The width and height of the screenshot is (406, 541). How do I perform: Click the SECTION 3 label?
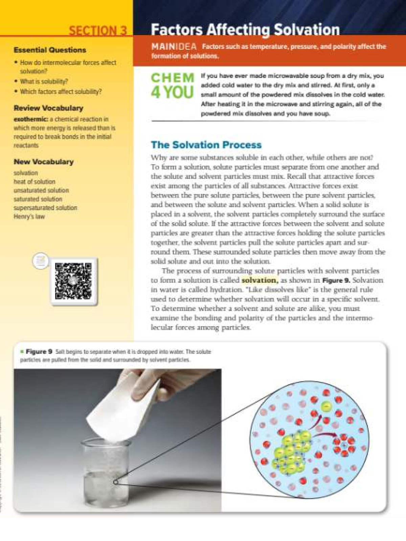coord(98,30)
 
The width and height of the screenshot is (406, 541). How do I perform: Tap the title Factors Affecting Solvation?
coord(245,30)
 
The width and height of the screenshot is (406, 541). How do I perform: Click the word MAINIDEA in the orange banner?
coord(174,47)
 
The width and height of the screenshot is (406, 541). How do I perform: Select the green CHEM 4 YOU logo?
coord(173,86)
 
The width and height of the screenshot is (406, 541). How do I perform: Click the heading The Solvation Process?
coord(206,145)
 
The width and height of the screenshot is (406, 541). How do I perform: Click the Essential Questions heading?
coord(50,50)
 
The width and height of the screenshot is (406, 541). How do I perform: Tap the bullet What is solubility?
coord(44,81)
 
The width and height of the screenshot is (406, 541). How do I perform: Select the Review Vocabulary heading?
coord(48,108)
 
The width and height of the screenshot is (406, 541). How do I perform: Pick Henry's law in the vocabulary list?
coord(29,216)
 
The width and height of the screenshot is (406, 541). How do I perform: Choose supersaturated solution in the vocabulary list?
coord(45,208)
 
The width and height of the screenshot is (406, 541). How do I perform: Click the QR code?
coord(73,281)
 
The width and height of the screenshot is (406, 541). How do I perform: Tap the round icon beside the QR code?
coord(40,261)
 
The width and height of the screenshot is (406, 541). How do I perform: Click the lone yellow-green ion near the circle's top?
coord(326,406)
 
